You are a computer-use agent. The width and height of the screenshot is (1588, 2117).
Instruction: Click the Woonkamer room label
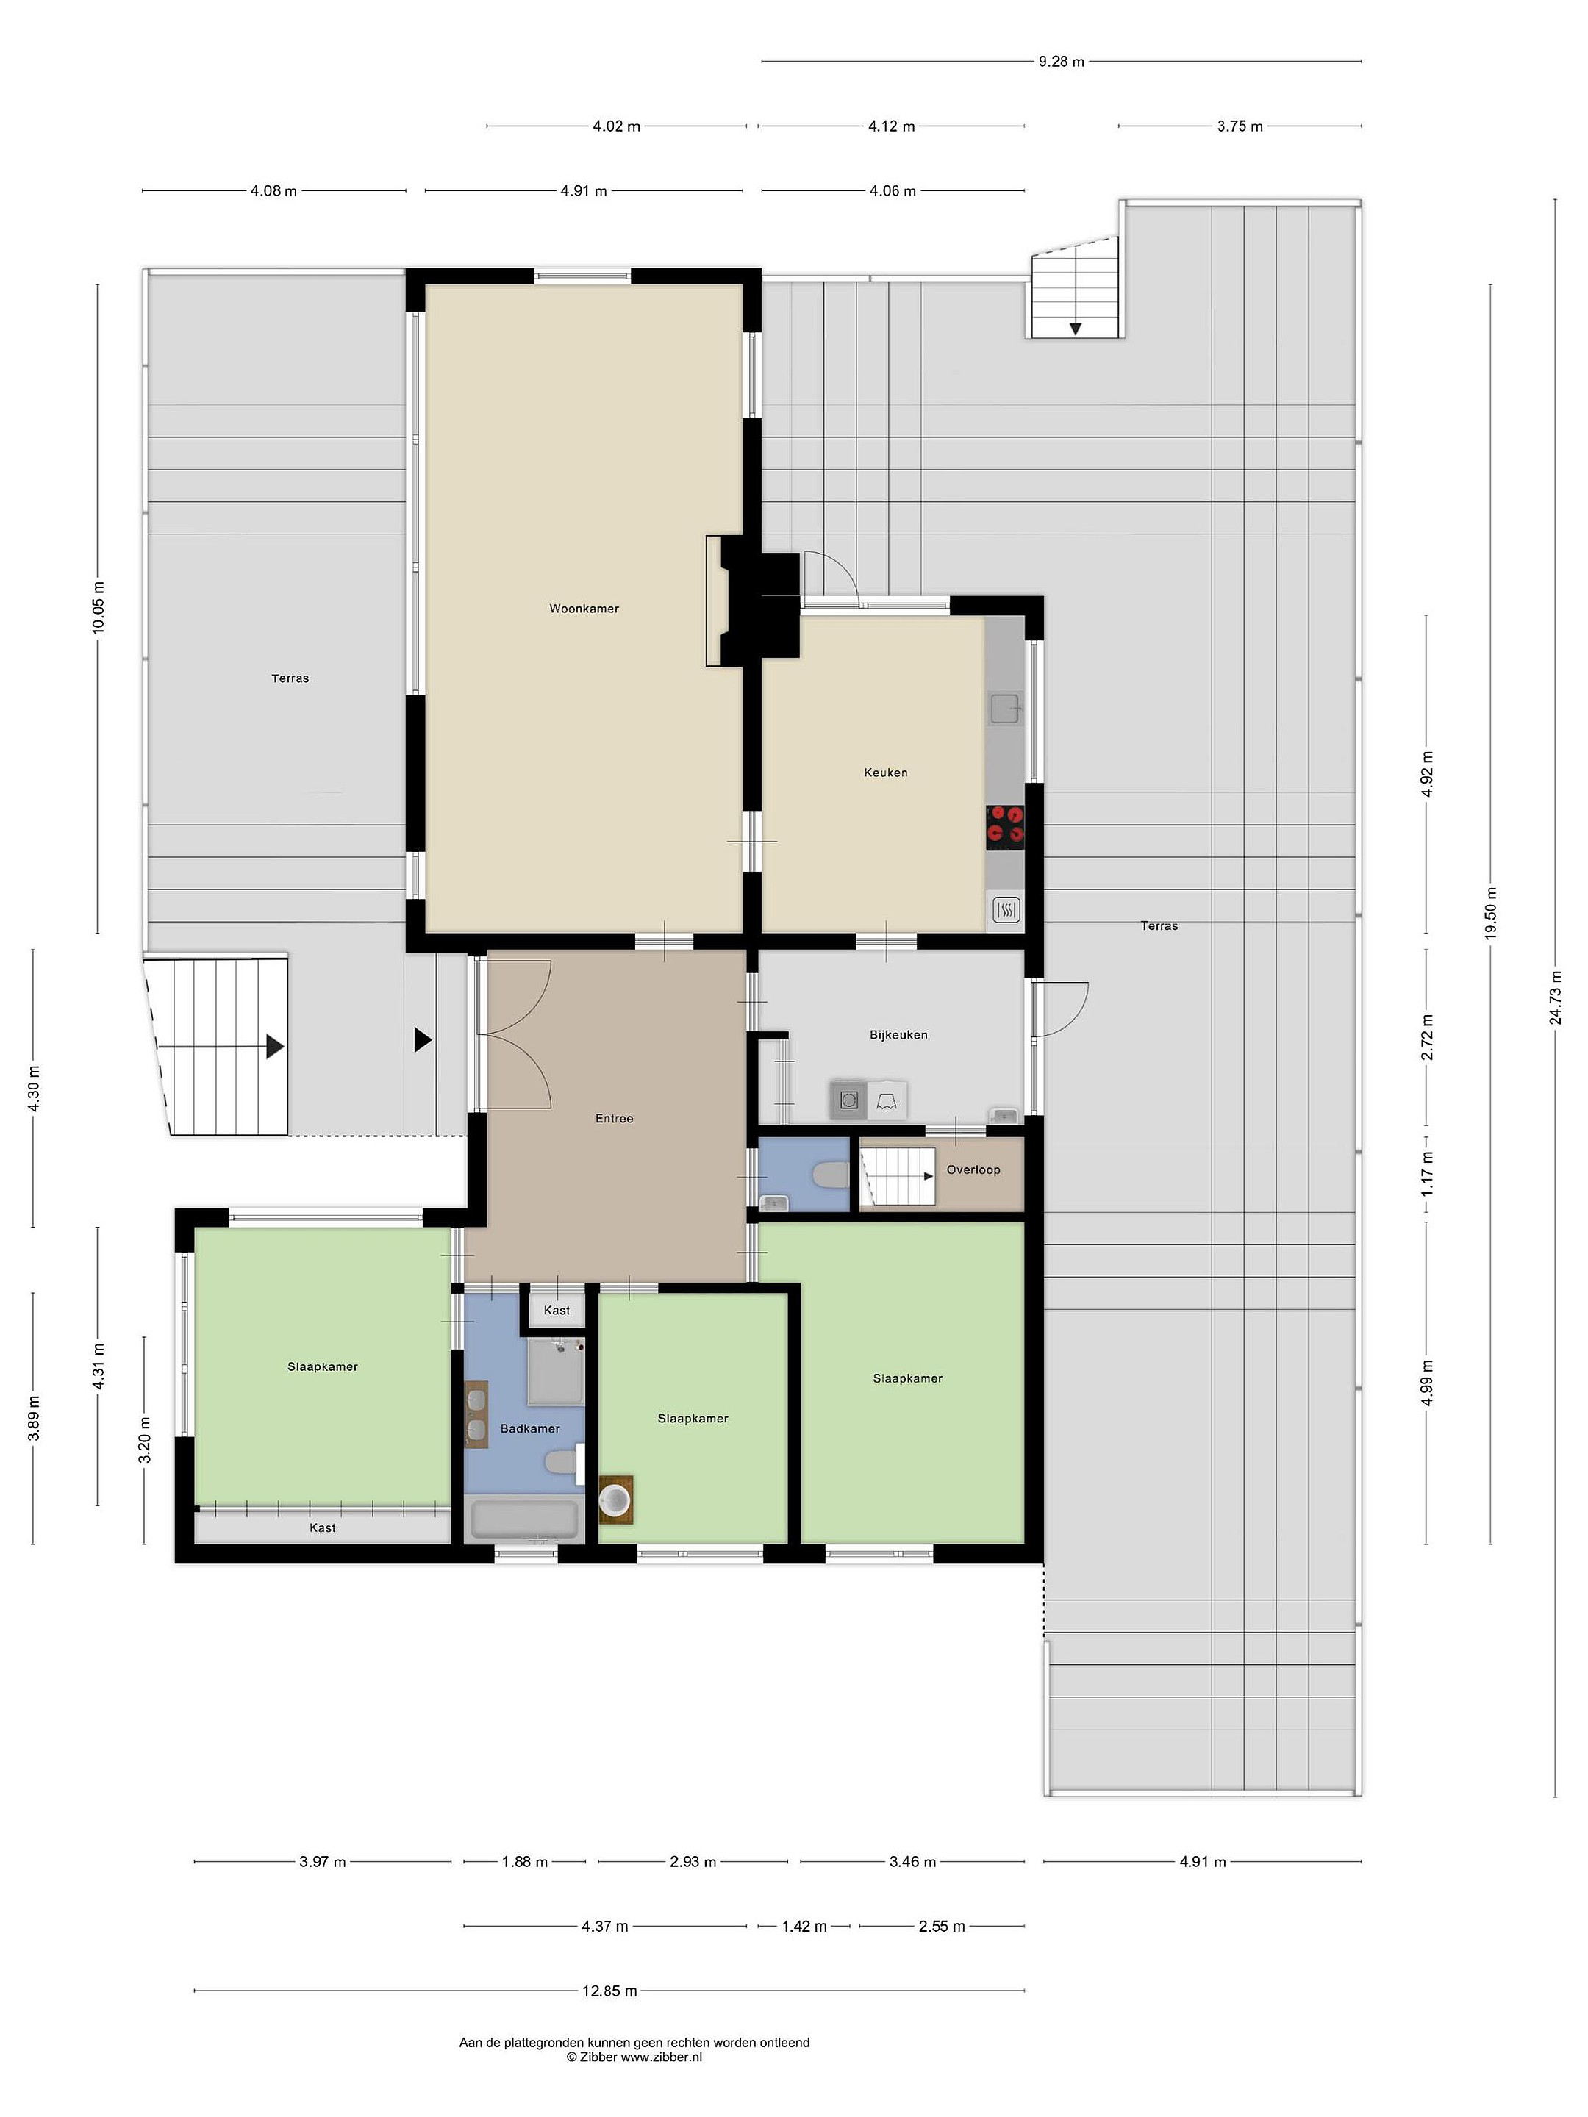[x=584, y=609]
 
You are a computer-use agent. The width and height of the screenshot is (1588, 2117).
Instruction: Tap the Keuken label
[x=885, y=773]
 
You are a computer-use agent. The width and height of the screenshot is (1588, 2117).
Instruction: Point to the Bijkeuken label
[x=898, y=1034]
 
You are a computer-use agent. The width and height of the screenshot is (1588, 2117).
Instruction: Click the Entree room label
[x=615, y=1118]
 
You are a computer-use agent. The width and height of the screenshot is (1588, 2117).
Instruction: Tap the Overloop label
[x=973, y=1169]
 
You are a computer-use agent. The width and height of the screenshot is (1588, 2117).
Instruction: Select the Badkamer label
[x=530, y=1428]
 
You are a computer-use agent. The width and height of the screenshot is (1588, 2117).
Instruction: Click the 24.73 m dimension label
[x=1556, y=997]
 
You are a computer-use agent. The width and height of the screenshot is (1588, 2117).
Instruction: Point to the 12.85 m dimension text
[x=609, y=1991]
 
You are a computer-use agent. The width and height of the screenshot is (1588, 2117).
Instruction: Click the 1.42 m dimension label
[x=804, y=1927]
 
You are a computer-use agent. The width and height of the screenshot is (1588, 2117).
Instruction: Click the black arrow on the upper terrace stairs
[x=1076, y=329]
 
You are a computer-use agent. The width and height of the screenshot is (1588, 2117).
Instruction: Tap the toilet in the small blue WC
[x=830, y=1175]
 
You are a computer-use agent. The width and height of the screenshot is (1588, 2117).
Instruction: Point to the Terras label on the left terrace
[x=290, y=678]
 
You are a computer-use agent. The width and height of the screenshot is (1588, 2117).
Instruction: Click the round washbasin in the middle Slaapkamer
[x=615, y=1498]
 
